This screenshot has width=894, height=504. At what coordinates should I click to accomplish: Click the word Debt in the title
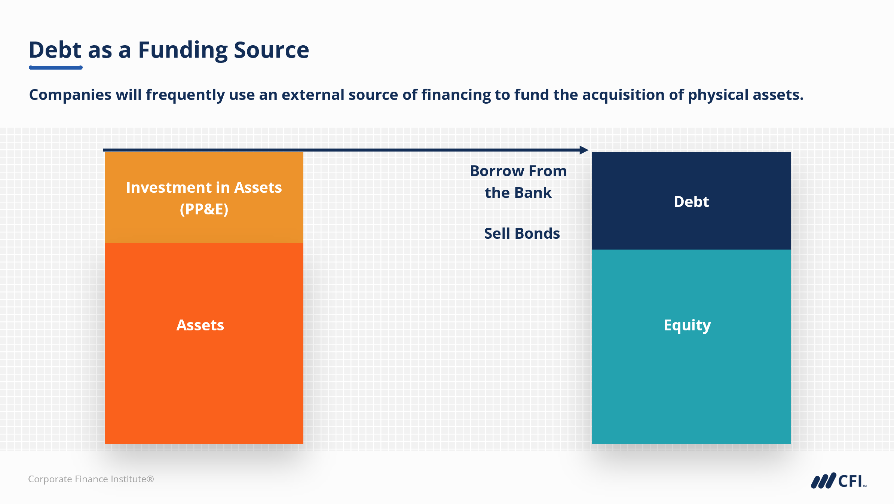55,50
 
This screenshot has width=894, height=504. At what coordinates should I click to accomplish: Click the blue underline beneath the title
56,68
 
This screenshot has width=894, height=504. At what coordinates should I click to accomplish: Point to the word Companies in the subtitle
70,95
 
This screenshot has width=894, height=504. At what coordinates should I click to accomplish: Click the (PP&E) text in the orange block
204,209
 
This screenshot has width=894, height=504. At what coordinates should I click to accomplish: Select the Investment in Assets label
204,187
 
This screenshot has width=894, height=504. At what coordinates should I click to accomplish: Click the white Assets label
200,325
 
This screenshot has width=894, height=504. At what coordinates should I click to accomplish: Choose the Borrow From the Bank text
518,182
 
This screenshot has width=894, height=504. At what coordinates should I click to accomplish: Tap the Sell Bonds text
522,233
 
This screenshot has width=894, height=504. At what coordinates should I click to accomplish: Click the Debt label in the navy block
691,202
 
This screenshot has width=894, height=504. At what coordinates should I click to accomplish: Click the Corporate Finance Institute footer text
91,479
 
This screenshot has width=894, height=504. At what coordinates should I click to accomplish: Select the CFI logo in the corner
839,481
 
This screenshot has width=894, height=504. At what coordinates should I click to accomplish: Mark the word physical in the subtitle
718,95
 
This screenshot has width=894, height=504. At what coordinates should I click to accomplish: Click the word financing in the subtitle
456,95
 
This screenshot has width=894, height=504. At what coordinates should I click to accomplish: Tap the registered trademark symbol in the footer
150,479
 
